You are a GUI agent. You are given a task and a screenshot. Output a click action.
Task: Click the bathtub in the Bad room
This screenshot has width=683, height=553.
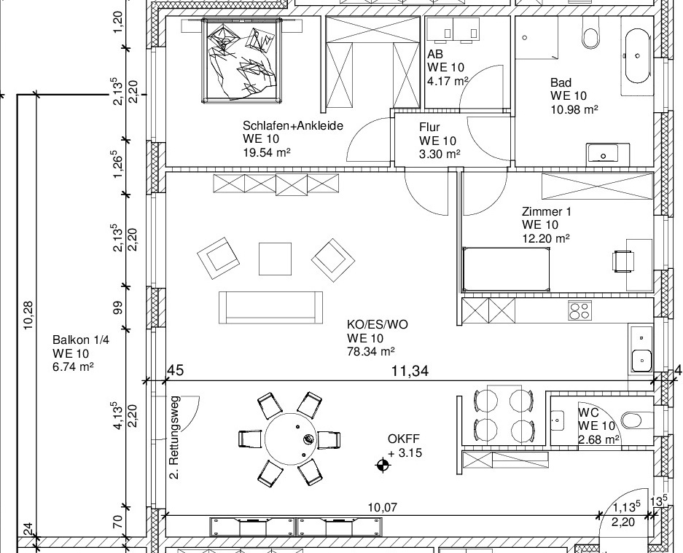click(638, 56)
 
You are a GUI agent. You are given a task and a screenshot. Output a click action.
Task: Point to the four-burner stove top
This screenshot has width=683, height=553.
click(579, 310)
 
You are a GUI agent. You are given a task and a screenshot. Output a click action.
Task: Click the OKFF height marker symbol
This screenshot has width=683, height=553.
click(383, 466)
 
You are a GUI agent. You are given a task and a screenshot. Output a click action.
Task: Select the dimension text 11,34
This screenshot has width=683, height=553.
click(410, 371)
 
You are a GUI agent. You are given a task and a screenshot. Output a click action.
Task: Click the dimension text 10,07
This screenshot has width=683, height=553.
click(382, 508)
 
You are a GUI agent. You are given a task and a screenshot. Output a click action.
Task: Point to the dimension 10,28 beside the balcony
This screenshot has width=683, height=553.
click(28, 315)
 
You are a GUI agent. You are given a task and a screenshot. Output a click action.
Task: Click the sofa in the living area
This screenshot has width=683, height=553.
click(271, 307)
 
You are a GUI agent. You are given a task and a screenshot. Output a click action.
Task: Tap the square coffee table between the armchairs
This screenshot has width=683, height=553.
click(276, 259)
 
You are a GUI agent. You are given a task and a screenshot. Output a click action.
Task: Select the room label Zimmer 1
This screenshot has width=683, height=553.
click(546, 211)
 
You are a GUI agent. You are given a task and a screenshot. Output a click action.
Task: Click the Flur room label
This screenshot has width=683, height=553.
click(429, 128)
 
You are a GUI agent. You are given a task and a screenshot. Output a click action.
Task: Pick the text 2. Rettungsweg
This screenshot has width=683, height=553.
click(174, 438)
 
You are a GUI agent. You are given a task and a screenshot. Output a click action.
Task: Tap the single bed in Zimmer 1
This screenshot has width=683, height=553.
click(506, 270)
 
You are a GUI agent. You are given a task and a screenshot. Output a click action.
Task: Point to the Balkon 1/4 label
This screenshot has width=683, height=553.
click(74, 340)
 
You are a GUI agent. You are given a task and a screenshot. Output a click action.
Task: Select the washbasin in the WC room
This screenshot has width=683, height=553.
click(557, 420)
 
